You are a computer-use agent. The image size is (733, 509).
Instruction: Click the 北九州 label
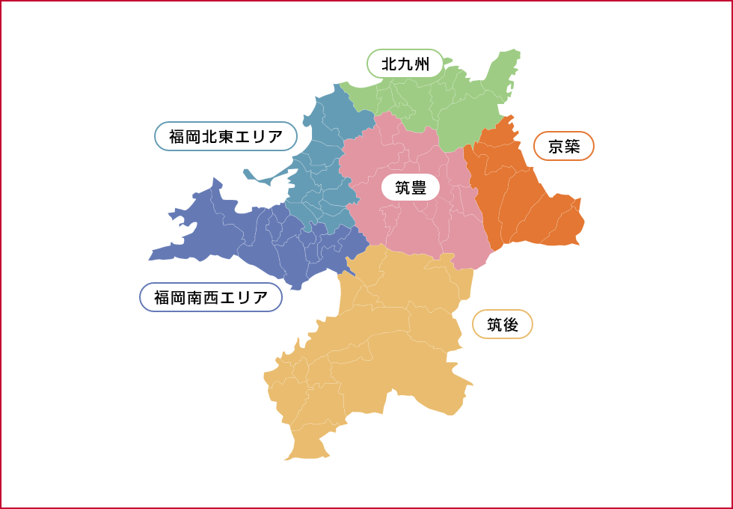(405, 64)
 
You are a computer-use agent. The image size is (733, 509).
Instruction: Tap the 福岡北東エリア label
(226, 137)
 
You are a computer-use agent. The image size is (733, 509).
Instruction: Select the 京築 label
(564, 146)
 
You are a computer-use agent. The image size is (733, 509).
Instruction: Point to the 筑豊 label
(411, 188)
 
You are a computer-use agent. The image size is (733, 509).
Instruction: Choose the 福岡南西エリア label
(211, 297)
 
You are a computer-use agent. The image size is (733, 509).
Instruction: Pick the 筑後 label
(503, 324)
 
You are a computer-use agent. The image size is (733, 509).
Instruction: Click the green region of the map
(464, 105)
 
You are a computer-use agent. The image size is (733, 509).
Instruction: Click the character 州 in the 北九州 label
(422, 64)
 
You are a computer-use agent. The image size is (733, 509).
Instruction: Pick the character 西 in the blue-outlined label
(211, 297)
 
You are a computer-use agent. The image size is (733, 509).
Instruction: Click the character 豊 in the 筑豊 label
(419, 188)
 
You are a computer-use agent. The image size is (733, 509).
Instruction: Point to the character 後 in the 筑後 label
(511, 324)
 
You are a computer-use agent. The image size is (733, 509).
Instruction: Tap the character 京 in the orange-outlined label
(556, 146)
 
